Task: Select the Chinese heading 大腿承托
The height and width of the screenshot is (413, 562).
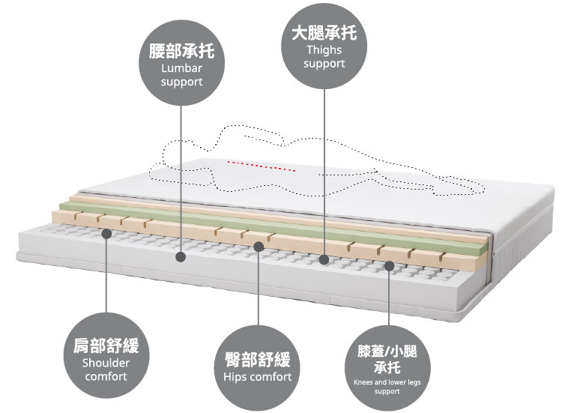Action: [324, 34]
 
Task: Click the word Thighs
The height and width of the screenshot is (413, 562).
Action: [324, 50]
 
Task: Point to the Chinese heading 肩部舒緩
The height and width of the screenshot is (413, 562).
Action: [106, 347]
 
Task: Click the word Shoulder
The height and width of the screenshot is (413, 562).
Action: [106, 363]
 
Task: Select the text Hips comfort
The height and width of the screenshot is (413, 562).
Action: [257, 376]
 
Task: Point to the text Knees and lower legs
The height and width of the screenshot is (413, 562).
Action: [387, 382]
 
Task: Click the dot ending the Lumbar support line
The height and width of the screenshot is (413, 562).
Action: [181, 257]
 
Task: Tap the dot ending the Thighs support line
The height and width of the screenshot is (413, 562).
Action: [324, 260]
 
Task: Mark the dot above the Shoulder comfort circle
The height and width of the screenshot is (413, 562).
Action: [106, 235]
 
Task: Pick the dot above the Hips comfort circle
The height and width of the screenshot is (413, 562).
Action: [258, 246]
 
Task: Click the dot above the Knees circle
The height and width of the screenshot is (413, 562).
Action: [389, 265]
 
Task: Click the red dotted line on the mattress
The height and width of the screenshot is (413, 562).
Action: [262, 166]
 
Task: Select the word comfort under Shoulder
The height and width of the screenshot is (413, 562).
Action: [106, 376]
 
